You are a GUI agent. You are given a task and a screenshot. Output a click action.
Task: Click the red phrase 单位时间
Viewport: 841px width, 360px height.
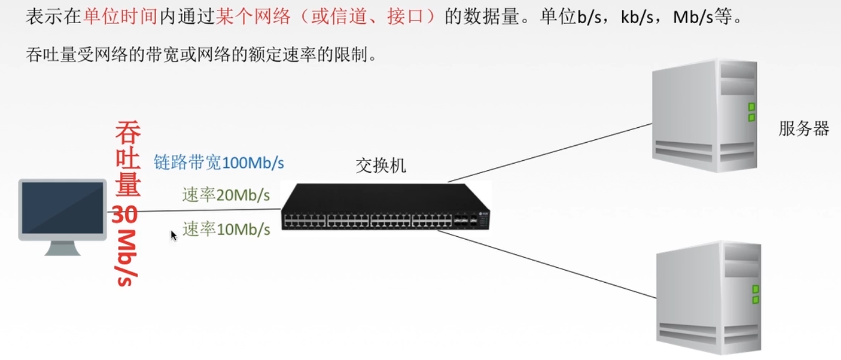coord(121,16)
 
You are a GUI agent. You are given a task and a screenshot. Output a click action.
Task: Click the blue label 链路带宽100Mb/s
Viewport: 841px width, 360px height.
coord(219,163)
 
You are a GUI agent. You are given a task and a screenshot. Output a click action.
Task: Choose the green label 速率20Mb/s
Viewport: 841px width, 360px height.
coord(226,196)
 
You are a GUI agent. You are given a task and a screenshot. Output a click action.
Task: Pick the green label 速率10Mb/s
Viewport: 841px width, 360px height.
coord(226,229)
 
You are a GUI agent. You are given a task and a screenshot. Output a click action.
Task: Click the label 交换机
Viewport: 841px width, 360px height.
coord(381,166)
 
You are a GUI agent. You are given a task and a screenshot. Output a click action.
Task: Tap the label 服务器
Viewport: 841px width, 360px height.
coord(803,129)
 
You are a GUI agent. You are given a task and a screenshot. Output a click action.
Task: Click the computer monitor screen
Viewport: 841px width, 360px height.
coord(63,207)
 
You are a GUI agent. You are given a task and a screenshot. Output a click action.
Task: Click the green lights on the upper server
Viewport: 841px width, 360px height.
coord(751,112)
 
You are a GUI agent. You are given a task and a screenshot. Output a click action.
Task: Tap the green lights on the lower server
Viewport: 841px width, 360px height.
coord(755,294)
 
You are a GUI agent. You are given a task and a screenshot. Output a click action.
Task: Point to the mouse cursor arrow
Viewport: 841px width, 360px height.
coord(173,235)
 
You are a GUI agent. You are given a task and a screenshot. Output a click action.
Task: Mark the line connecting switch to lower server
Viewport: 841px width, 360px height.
coord(546,264)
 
